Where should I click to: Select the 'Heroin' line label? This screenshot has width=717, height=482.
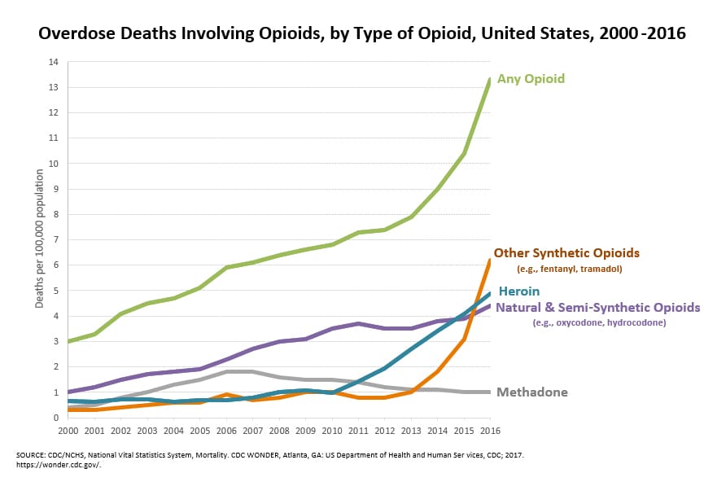519,291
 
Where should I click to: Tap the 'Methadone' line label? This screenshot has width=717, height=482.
532,392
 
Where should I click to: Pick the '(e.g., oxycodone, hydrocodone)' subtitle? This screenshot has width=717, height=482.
599,323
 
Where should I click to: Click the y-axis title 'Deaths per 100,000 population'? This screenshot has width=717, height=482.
39,238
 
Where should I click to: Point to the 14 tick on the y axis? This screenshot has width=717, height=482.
53,62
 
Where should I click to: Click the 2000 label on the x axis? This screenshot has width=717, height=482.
68,430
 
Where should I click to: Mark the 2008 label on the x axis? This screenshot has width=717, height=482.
279,430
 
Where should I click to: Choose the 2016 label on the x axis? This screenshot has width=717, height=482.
489,430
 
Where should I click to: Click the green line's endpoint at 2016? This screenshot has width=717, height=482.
489,79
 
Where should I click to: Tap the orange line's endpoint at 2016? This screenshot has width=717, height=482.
489,261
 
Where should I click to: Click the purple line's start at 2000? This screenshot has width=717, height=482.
68,392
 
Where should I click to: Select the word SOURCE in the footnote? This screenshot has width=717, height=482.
31,454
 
